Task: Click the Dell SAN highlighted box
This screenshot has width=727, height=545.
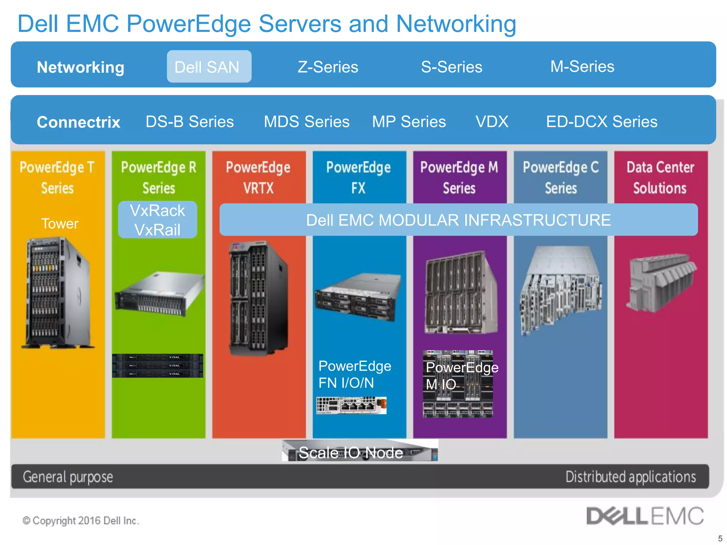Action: pyautogui.click(x=209, y=67)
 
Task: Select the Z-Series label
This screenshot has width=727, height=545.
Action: pyautogui.click(x=328, y=67)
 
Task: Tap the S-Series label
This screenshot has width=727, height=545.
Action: pyautogui.click(x=452, y=67)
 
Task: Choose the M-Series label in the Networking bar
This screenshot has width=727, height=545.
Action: pyautogui.click(x=582, y=67)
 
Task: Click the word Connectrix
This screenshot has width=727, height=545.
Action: pyautogui.click(x=78, y=122)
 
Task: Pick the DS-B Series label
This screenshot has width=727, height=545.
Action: pyautogui.click(x=190, y=122)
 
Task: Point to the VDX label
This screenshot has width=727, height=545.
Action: pyautogui.click(x=492, y=122)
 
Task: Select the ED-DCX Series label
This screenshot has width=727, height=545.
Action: pyautogui.click(x=602, y=122)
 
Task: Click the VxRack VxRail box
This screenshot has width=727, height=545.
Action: pyautogui.click(x=158, y=220)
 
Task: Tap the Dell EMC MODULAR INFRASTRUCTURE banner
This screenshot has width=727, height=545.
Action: pyautogui.click(x=458, y=220)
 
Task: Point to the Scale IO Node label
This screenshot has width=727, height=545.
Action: pyautogui.click(x=351, y=452)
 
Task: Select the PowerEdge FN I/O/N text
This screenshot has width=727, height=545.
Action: pyautogui.click(x=355, y=374)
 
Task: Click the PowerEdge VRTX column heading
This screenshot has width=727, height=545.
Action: pyautogui.click(x=258, y=177)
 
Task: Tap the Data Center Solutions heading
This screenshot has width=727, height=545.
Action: pyautogui.click(x=660, y=177)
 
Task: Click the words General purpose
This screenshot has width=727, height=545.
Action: pyautogui.click(x=68, y=477)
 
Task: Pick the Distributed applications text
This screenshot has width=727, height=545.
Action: pyautogui.click(x=630, y=477)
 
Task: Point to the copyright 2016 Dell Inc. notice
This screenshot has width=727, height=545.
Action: pyautogui.click(x=81, y=521)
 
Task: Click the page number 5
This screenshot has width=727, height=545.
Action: pyautogui.click(x=720, y=538)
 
